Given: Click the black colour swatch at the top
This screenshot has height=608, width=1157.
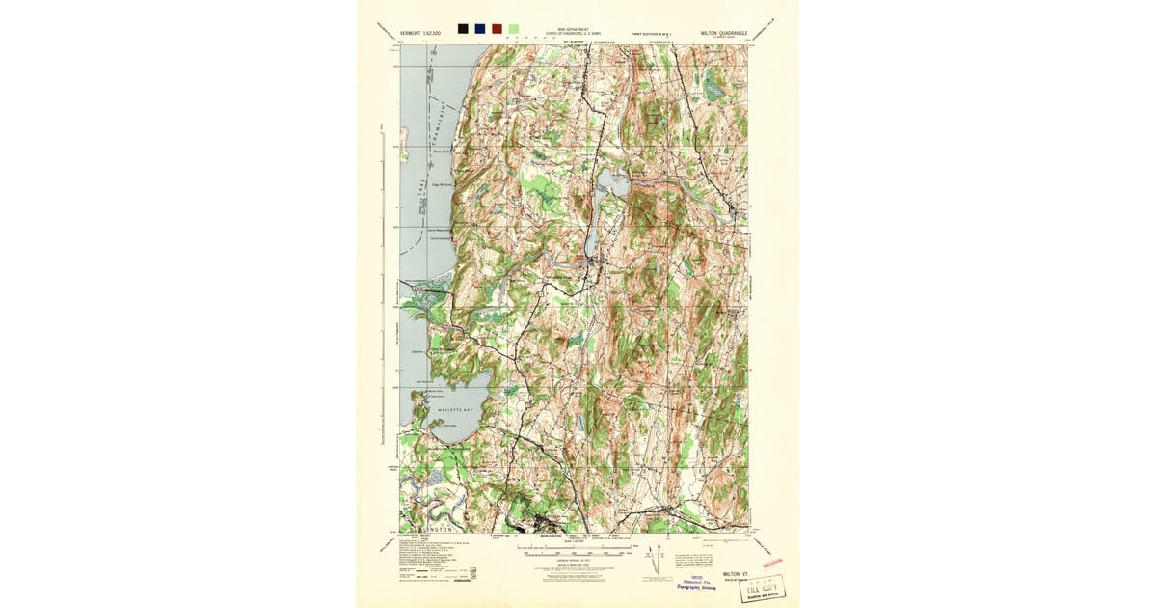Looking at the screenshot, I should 464,29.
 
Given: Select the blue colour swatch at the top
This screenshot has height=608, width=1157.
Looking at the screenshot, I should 480,29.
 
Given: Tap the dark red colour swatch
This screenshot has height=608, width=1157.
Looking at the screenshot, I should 497,29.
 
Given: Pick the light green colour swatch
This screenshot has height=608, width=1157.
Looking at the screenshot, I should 513,29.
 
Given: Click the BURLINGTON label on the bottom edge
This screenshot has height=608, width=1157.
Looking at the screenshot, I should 428,530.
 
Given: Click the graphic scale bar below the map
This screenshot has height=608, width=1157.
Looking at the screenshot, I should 577,550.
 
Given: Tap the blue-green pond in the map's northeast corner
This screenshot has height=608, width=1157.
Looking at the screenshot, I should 714,88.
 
